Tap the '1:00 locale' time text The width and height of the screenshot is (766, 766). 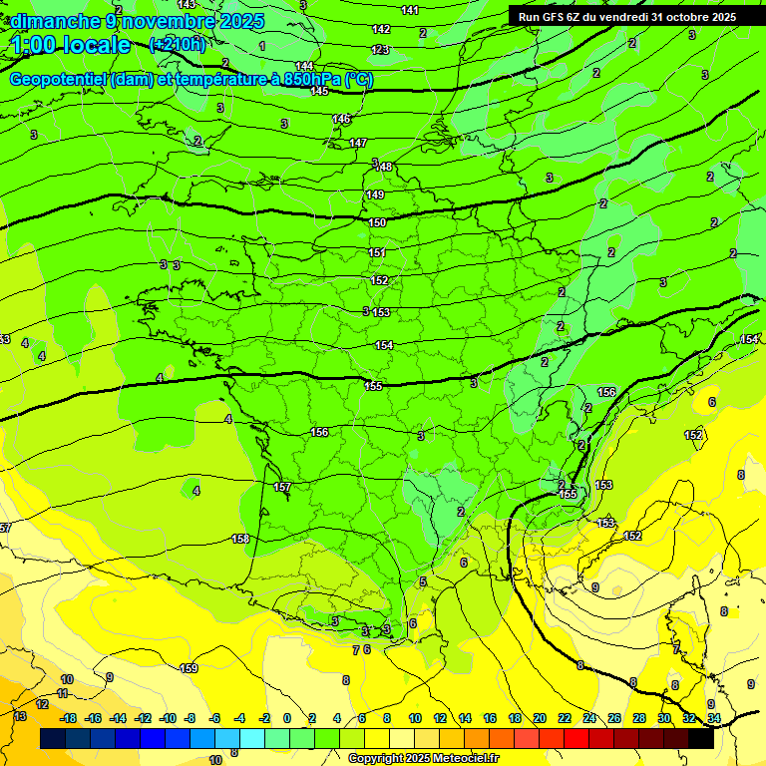(71, 45)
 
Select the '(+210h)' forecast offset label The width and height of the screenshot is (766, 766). (177, 44)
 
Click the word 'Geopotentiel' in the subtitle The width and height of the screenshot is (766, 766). (58, 80)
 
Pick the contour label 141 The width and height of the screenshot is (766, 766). (409, 10)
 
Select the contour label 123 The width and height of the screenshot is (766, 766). (380, 50)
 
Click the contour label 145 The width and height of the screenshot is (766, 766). (319, 91)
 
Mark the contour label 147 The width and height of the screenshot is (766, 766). (358, 144)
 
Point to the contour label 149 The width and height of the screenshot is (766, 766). (375, 194)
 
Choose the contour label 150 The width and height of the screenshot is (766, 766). (377, 222)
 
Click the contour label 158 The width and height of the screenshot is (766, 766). (240, 539)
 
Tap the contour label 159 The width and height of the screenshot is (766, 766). (189, 669)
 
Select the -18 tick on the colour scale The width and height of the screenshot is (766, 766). (68, 718)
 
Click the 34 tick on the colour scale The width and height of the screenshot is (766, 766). (714, 718)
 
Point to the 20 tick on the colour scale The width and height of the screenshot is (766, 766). (540, 718)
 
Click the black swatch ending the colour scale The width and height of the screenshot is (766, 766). (701, 739)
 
